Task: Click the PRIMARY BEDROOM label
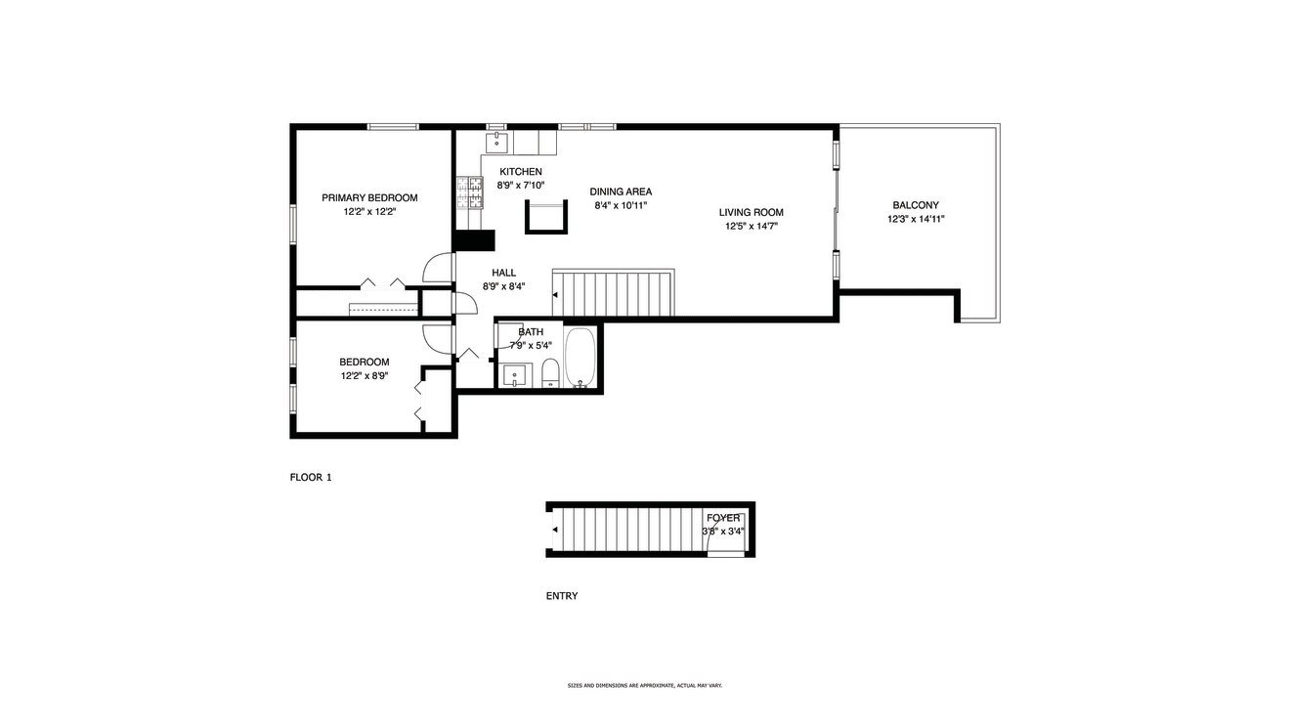pyautogui.click(x=369, y=198)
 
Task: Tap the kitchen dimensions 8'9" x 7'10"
pyautogui.click(x=521, y=186)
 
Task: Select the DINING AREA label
pyautogui.click(x=621, y=192)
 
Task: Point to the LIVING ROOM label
pyautogui.click(x=751, y=212)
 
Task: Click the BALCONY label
pyautogui.click(x=916, y=205)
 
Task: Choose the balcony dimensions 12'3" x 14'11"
pyautogui.click(x=916, y=219)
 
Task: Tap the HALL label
pyautogui.click(x=504, y=273)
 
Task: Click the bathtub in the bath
pyautogui.click(x=580, y=357)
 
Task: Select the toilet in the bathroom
pyautogui.click(x=551, y=373)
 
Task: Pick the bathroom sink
pyautogui.click(x=514, y=376)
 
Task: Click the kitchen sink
pyautogui.click(x=496, y=142)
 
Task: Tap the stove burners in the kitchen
pyautogui.click(x=469, y=192)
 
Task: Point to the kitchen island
pyautogui.click(x=546, y=217)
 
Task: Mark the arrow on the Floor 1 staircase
pyautogui.click(x=555, y=295)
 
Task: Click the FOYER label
pyautogui.click(x=723, y=518)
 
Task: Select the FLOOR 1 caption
pyautogui.click(x=311, y=477)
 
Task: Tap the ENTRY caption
pyautogui.click(x=562, y=596)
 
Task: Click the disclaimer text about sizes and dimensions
pyautogui.click(x=645, y=686)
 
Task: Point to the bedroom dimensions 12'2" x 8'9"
pyautogui.click(x=365, y=376)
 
